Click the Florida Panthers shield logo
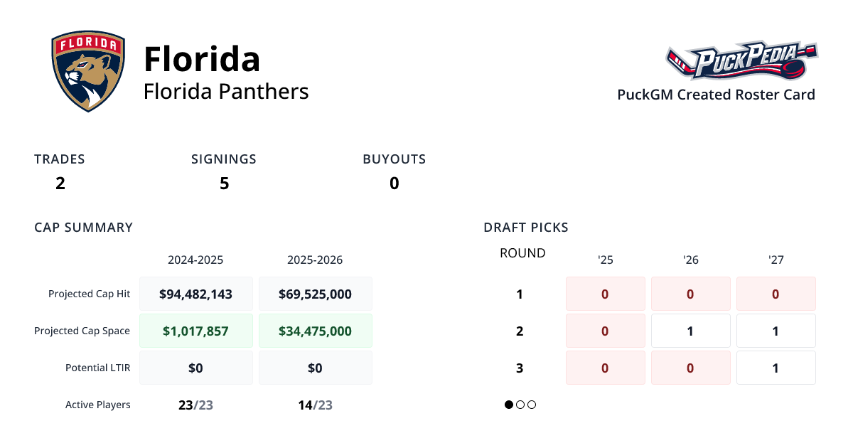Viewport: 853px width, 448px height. click(88, 72)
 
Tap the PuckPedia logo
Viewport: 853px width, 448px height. click(741, 61)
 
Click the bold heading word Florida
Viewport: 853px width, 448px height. click(202, 58)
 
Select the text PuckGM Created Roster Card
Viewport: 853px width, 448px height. click(716, 95)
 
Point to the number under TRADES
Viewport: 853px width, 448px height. click(60, 183)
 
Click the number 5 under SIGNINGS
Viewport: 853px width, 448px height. click(224, 183)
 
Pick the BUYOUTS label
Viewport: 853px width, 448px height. click(394, 159)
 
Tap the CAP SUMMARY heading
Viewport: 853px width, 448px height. click(83, 228)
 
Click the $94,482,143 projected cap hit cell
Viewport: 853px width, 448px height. click(195, 294)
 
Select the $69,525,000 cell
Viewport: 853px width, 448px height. click(315, 294)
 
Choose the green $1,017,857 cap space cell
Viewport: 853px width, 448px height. click(195, 331)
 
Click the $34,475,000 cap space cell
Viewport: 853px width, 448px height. click(315, 331)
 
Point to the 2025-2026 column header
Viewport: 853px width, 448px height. click(315, 260)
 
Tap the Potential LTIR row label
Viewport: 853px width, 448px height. click(97, 368)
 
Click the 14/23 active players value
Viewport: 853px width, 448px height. click(315, 405)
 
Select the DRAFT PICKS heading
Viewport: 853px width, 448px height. click(526, 228)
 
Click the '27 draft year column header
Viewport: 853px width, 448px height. click(776, 260)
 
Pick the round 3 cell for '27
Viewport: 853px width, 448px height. click(776, 368)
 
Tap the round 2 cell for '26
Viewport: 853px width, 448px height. click(690, 331)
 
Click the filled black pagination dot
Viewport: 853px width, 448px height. click(509, 405)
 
